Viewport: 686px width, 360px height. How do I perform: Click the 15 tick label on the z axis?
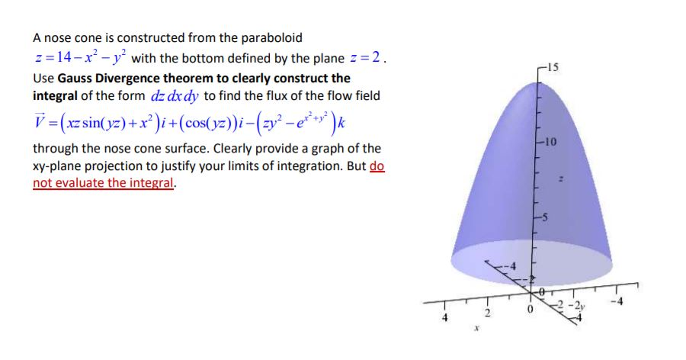click(553, 66)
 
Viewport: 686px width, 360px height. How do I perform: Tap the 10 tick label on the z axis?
click(552, 143)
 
